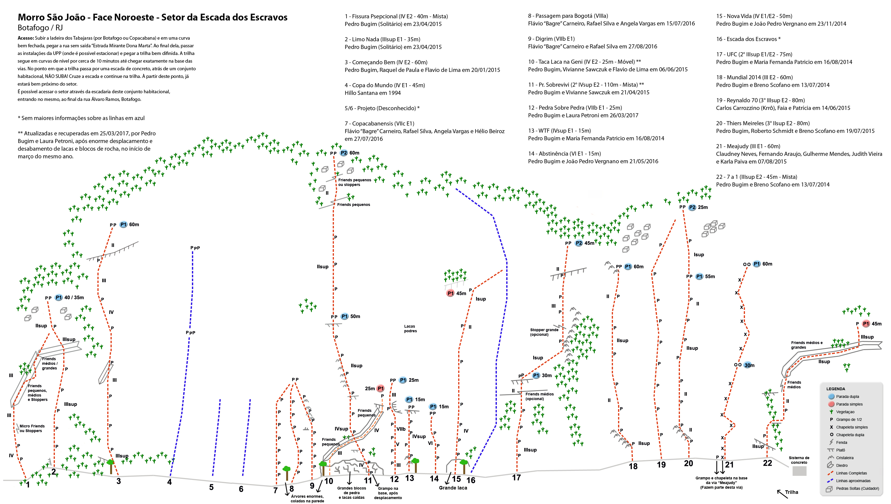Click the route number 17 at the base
click(516, 478)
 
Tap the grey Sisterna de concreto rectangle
click(799, 471)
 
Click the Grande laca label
click(453, 488)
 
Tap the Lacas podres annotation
click(410, 328)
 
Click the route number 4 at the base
click(169, 482)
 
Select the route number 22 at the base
click(767, 463)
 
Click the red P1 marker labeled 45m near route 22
click(866, 324)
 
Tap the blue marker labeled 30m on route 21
click(749, 365)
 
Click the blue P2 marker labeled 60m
click(344, 153)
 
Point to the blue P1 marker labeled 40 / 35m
click(58, 297)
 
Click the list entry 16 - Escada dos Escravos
click(748, 39)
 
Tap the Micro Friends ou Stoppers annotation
click(32, 429)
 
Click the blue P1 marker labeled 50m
click(344, 316)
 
